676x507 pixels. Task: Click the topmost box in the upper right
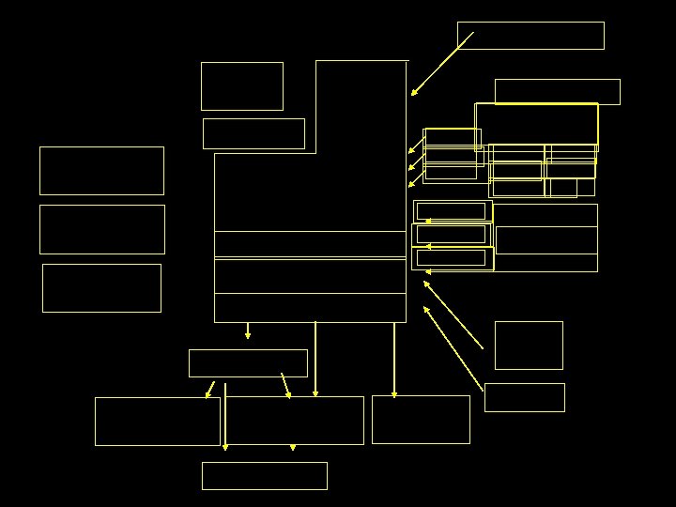click(530, 36)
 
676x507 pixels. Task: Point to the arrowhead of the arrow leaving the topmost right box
click(413, 94)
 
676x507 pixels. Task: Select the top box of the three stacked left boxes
click(101, 171)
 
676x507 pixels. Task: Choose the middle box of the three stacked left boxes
click(101, 229)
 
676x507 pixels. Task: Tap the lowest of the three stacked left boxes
click(101, 288)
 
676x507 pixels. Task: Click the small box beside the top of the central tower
click(241, 86)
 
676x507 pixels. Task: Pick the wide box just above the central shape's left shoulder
click(253, 133)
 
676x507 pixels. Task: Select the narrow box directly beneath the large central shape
click(248, 363)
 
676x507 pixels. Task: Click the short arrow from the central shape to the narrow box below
click(248, 330)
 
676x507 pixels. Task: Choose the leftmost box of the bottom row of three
click(157, 422)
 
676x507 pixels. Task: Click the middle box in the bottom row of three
click(295, 421)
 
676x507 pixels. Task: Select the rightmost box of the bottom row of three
click(421, 420)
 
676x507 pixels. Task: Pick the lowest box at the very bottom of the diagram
click(264, 476)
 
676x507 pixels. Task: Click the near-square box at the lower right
click(529, 346)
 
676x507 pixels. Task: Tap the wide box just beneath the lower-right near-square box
click(524, 397)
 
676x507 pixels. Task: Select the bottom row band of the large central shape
click(310, 308)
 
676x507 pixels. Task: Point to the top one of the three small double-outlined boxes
click(452, 211)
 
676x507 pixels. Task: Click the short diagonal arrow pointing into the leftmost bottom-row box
click(210, 389)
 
